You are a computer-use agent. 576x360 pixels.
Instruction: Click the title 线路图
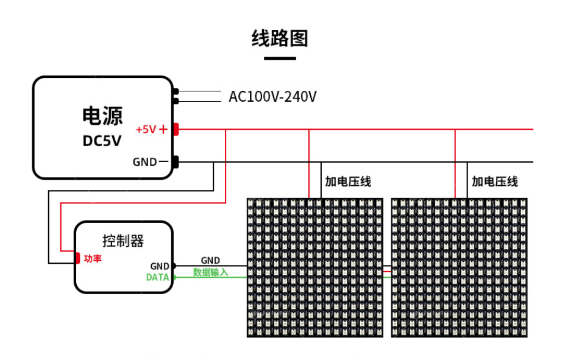pyautogui.click(x=280, y=38)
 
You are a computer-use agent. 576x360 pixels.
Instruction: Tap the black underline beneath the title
pyautogui.click(x=280, y=58)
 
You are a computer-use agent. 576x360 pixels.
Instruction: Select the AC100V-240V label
pyautogui.click(x=272, y=97)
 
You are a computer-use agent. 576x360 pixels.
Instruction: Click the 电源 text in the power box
pyautogui.click(x=102, y=116)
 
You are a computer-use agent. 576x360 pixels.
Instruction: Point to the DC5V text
pyautogui.click(x=102, y=141)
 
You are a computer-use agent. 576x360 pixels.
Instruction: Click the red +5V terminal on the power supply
pyautogui.click(x=176, y=129)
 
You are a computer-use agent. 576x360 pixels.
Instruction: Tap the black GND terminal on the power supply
pyautogui.click(x=176, y=162)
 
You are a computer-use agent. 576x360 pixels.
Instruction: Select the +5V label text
pyautogui.click(x=146, y=129)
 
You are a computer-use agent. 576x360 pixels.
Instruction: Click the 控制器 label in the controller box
pyautogui.click(x=123, y=241)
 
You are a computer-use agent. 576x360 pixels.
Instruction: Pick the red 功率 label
pyautogui.click(x=93, y=259)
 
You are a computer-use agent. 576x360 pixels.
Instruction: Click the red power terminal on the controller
pyautogui.click(x=78, y=258)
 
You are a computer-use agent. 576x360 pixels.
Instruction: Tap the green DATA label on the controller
pyautogui.click(x=157, y=277)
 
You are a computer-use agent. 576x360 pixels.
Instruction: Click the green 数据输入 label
pyautogui.click(x=210, y=272)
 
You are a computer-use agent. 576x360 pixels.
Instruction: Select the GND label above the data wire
pyautogui.click(x=210, y=261)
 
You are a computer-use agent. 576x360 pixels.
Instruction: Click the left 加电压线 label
pyautogui.click(x=347, y=182)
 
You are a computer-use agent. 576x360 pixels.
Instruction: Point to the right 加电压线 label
pyautogui.click(x=494, y=182)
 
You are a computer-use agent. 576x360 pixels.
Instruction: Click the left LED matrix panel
pyautogui.click(x=315, y=267)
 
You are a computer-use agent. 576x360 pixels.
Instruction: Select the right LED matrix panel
pyautogui.click(x=459, y=267)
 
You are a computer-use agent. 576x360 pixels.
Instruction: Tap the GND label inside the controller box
pyautogui.click(x=160, y=266)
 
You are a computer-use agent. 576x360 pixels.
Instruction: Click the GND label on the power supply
pyautogui.click(x=144, y=162)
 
